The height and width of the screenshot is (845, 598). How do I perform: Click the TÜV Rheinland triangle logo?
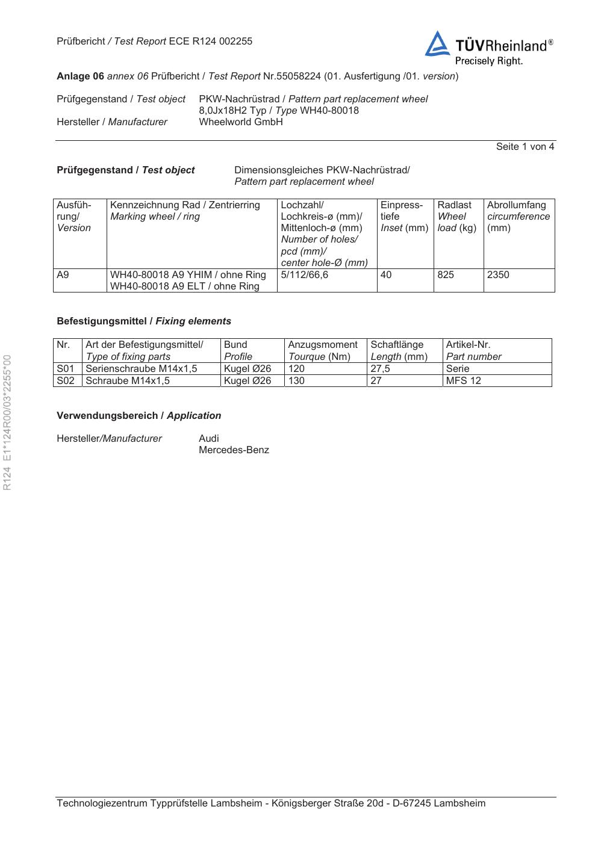coord(437,45)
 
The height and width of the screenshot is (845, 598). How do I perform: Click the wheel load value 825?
coord(446,275)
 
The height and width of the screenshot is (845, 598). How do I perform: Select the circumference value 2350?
coord(498,275)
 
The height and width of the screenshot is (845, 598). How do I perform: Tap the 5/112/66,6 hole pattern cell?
coord(304,275)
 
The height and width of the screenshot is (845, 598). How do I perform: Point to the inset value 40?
coord(386,275)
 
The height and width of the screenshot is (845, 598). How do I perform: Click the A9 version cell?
coord(63,275)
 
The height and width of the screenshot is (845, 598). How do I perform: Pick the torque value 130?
coord(296,380)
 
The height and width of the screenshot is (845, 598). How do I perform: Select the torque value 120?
coord(296,368)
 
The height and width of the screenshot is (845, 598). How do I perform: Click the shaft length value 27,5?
coord(380,368)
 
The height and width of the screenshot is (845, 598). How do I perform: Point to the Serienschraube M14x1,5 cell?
coord(142,368)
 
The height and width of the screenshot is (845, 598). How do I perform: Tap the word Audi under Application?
coord(209,438)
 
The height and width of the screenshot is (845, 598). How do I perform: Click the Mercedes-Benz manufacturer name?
coord(234,450)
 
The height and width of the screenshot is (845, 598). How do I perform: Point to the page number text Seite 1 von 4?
coord(525,147)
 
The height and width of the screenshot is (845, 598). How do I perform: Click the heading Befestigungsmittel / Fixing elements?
coord(144,321)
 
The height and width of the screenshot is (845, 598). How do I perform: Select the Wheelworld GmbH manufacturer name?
coord(240,122)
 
